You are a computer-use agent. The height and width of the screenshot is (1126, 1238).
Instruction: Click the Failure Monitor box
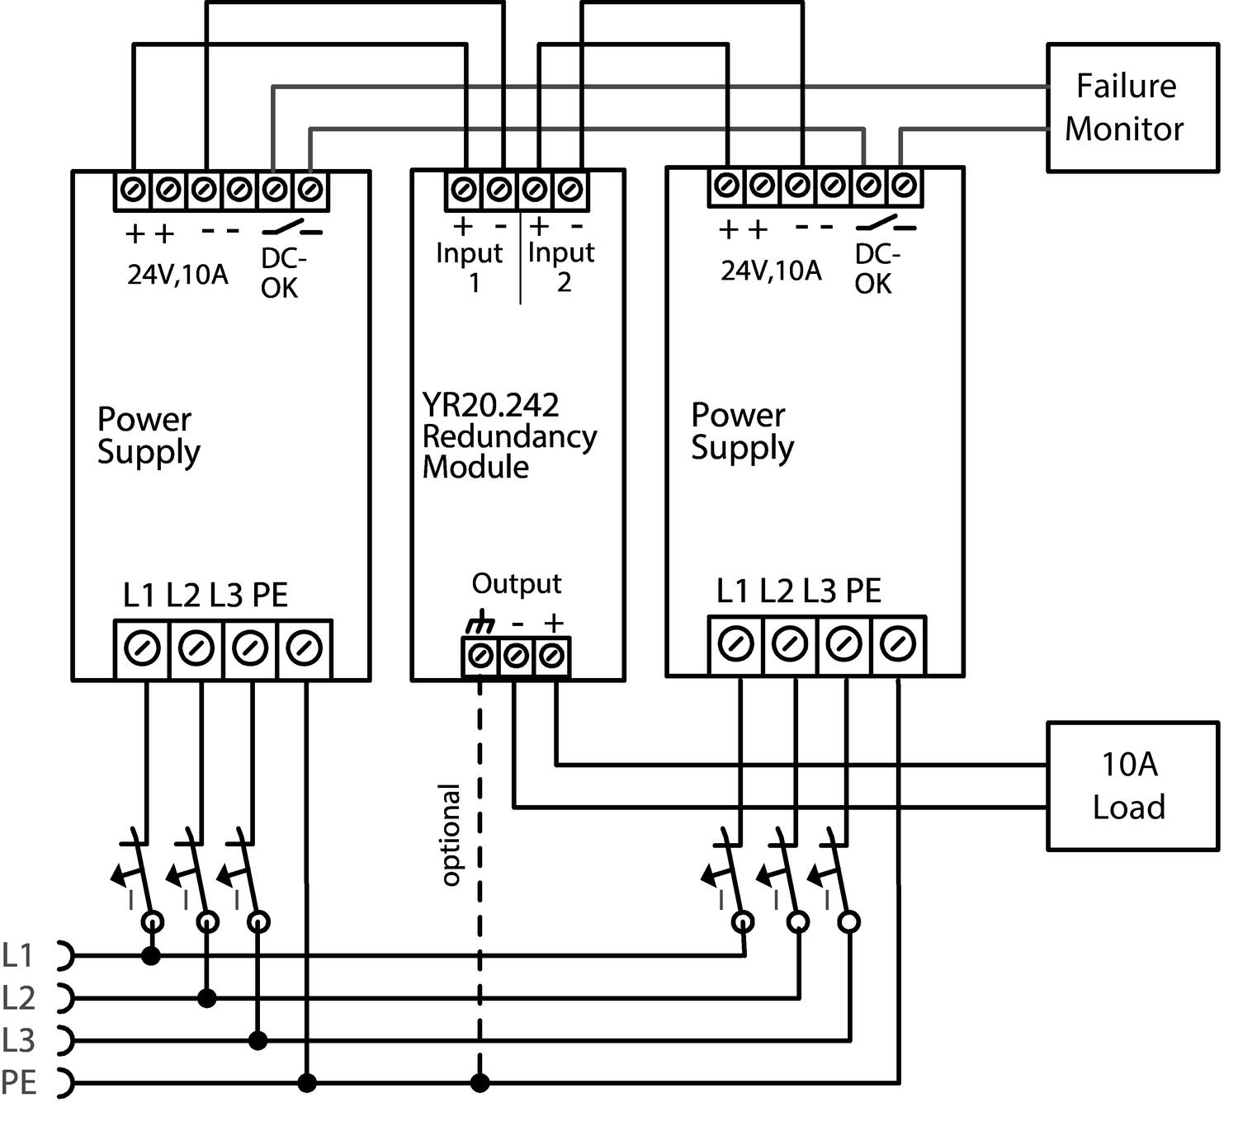click(1132, 107)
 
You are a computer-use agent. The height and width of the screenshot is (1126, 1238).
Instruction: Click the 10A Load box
click(1132, 785)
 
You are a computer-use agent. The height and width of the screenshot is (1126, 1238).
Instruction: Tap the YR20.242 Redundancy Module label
click(508, 436)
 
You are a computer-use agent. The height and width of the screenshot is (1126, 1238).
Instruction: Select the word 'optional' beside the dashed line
click(450, 835)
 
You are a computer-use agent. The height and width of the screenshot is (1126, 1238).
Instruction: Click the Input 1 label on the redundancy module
click(469, 266)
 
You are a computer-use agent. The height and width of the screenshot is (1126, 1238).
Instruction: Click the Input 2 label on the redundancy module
click(561, 266)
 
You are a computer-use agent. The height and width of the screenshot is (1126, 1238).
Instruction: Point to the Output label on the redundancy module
click(516, 583)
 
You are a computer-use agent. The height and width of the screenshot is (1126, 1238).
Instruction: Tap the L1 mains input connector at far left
click(65, 955)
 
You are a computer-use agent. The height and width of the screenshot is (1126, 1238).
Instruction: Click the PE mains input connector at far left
click(65, 1082)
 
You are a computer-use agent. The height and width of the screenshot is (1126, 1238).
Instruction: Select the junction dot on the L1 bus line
click(150, 956)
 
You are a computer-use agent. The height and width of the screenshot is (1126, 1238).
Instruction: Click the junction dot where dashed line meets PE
click(480, 1082)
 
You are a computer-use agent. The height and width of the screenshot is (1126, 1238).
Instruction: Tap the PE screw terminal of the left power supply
click(305, 648)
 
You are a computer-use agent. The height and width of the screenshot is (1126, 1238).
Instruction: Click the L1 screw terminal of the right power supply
click(735, 644)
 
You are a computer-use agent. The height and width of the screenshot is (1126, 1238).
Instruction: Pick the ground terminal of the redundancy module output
click(480, 657)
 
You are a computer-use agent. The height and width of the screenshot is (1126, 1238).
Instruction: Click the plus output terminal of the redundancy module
click(552, 657)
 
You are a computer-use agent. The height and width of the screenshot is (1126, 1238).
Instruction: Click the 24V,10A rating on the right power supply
click(771, 270)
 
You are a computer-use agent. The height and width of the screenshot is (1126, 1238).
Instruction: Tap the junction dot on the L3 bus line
click(258, 1040)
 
